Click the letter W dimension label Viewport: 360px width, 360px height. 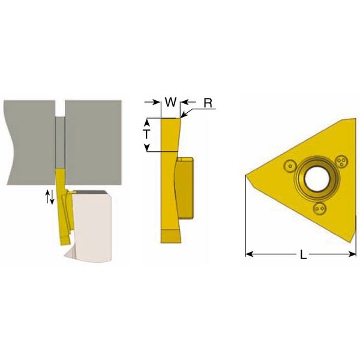coord(171,102)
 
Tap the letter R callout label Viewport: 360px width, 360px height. coord(208,103)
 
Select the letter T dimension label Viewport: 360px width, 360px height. coord(147,134)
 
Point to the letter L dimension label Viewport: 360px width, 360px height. coord(303,254)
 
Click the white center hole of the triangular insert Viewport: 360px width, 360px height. coord(318,179)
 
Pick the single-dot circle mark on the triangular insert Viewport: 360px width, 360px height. coord(290,166)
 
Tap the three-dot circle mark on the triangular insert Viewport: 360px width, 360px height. coord(342,161)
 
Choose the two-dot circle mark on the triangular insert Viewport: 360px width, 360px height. coord(320,208)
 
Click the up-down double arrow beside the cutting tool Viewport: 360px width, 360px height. coord(50,197)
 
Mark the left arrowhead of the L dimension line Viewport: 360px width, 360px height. coord(249,254)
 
